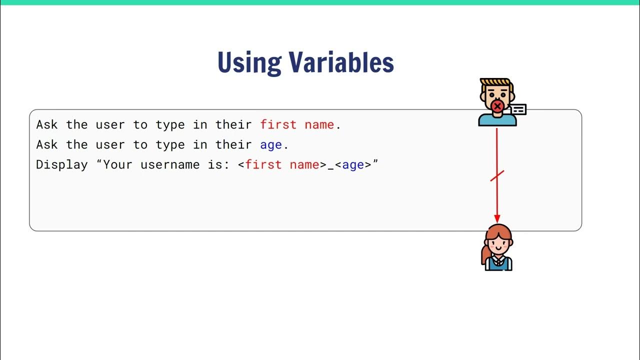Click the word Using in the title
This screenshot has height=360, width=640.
pos(249,62)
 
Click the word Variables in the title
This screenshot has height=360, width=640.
pos(341,62)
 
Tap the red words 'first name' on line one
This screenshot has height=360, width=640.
pos(297,124)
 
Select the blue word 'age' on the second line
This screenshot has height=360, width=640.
pos(271,145)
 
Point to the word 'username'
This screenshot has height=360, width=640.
pos(170,164)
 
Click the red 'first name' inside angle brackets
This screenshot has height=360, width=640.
pos(282,164)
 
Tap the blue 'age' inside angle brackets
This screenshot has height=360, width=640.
pos(353,164)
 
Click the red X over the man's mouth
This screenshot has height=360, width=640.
pos(497,106)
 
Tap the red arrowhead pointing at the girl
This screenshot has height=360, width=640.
pos(497,218)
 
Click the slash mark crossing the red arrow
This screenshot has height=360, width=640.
pos(497,175)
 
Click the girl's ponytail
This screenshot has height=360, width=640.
pos(485,255)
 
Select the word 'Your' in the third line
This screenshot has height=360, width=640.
pos(117,164)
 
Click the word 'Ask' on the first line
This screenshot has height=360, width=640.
pos(47,124)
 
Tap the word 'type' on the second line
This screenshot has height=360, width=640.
pos(170,145)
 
